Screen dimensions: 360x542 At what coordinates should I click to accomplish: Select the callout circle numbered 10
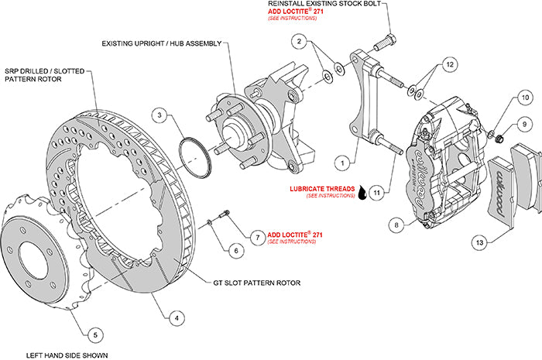[x=524, y=98]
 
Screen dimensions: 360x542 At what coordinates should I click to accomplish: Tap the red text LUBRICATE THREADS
[x=321, y=189]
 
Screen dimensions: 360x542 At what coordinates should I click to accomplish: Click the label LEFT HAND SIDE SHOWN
[x=67, y=355]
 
